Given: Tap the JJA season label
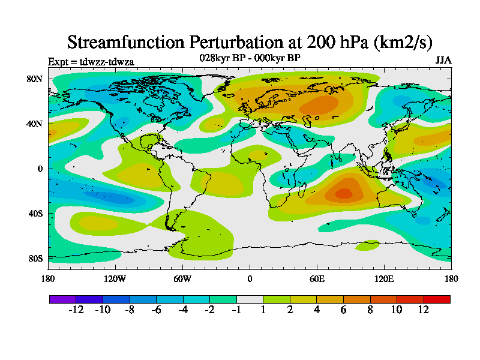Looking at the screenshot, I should point(443,61).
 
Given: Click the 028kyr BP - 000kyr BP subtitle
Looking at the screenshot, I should point(250,58).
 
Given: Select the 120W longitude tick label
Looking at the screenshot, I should point(115,278).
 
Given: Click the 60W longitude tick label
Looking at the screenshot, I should point(182,278).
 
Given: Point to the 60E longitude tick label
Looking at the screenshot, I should point(317,278).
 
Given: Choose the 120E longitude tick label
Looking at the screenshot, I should point(384,278).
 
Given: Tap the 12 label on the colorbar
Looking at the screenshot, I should point(424,310).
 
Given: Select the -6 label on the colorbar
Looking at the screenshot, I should point(155,310).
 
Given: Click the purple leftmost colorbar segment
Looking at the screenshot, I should point(62,299).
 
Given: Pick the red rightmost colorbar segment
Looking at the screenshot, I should point(437,299).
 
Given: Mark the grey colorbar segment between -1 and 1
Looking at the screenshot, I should point(250,299).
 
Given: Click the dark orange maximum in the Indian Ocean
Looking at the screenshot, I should point(344,193).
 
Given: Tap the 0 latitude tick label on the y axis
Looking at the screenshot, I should point(40,169).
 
